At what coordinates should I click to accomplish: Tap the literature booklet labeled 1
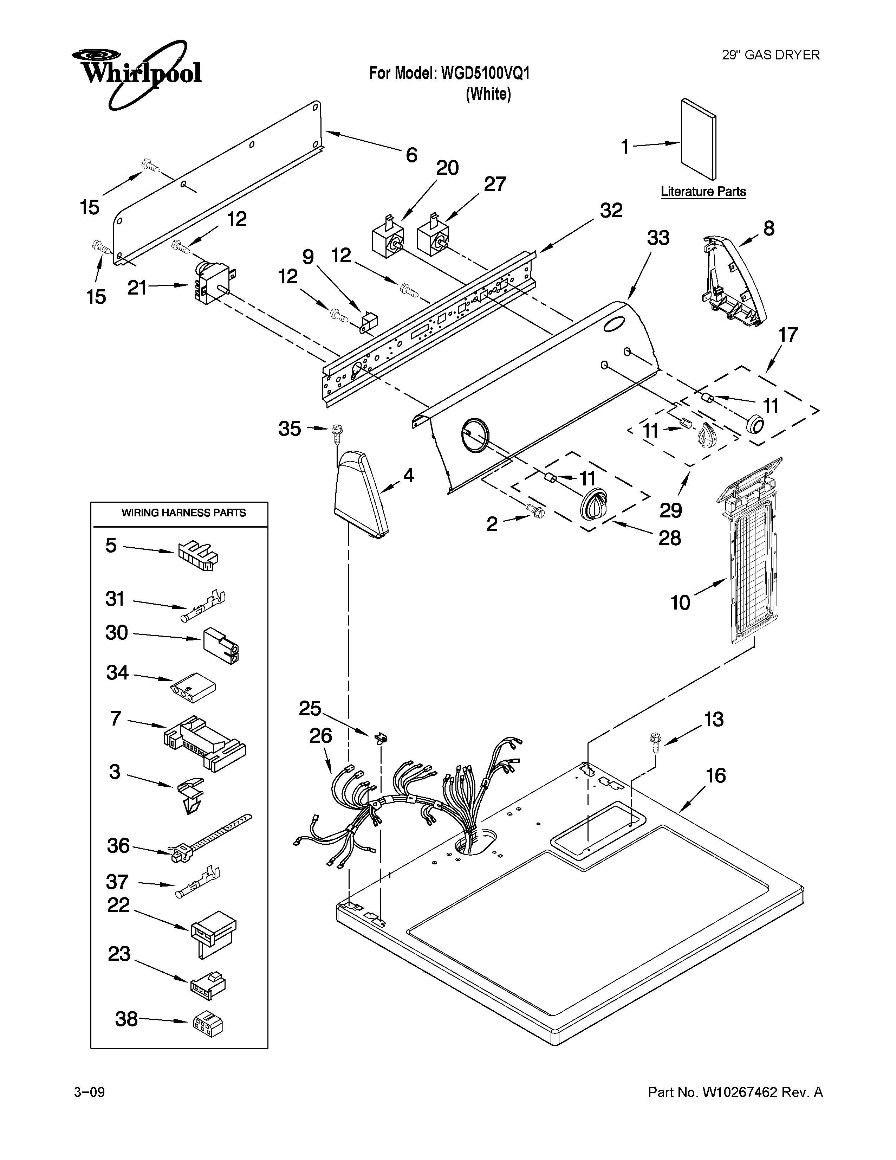click(x=698, y=139)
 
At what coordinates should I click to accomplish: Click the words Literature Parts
click(x=703, y=192)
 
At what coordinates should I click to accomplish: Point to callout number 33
click(x=658, y=238)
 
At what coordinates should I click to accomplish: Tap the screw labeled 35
click(x=336, y=432)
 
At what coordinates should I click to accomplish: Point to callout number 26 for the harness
click(x=320, y=736)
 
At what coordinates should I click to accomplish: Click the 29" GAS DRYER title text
click(x=771, y=55)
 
